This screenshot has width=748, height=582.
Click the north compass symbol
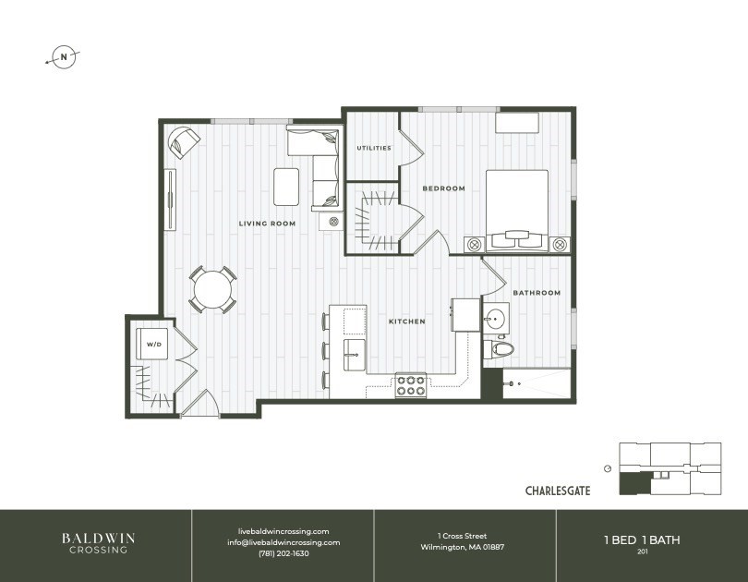[x=64, y=57]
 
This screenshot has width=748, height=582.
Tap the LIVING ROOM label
[x=267, y=224]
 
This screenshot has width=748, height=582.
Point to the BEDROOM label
[x=443, y=188]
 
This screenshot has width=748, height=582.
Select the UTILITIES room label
[x=374, y=148]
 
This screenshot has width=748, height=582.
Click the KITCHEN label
[x=407, y=321]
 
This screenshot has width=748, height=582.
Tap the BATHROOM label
[x=537, y=293]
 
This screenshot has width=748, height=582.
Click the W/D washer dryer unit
[x=152, y=344]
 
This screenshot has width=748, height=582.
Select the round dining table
[x=212, y=289]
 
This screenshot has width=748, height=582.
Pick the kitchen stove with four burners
[x=411, y=385]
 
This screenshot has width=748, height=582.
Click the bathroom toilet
[x=500, y=348]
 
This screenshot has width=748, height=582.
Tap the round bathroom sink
[x=495, y=317]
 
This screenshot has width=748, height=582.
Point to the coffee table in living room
[x=286, y=187]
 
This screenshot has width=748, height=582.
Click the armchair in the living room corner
[x=183, y=142]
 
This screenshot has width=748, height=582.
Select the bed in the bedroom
[x=517, y=210]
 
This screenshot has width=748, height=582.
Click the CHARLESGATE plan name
[x=558, y=491]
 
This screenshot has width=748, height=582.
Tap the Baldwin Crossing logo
[x=98, y=543]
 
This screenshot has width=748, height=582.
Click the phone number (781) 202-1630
[x=284, y=554]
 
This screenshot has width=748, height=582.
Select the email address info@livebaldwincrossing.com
[x=284, y=542]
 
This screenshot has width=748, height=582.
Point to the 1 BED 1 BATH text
[x=642, y=540]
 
